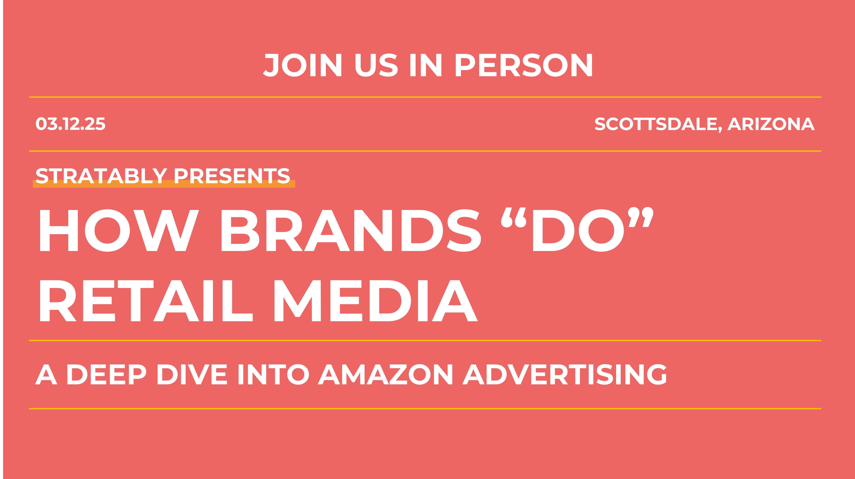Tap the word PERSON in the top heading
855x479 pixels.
524,65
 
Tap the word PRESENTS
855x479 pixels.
232,176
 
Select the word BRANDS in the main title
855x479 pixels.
351,231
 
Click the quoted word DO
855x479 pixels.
578,231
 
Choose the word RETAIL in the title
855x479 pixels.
146,301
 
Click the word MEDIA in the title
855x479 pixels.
376,301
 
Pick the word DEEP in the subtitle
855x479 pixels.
106,374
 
